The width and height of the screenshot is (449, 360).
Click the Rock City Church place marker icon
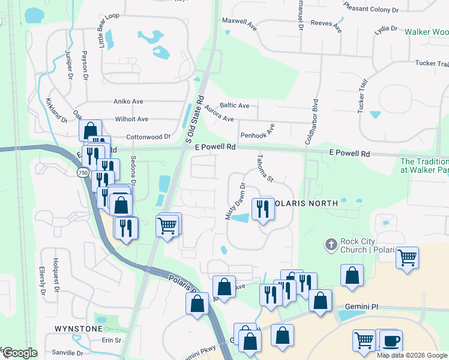pyautogui.click(x=330, y=244)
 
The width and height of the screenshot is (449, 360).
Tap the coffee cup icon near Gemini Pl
pyautogui.click(x=391, y=340)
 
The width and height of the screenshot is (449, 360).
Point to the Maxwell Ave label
pyautogui.click(x=240, y=20)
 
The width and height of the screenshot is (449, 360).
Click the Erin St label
pyautogui.click(x=111, y=340)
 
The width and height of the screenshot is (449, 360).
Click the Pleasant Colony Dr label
pyautogui.click(x=371, y=8)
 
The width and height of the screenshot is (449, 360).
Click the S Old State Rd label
pyautogui.click(x=194, y=122)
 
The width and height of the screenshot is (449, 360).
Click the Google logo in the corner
pyautogui.click(x=19, y=353)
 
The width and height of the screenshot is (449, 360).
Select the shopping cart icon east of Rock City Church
pyautogui.click(x=408, y=258)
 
